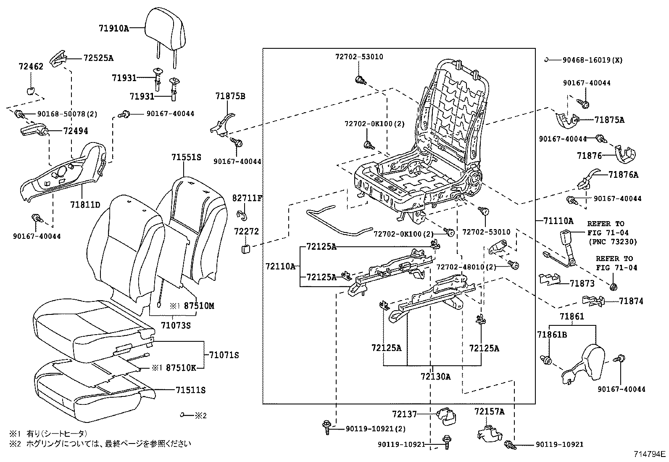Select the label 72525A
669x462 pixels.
point(98,58)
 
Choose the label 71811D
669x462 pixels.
point(85,205)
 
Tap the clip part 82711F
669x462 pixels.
point(242,215)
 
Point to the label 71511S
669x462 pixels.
point(191,390)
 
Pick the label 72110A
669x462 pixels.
point(280,266)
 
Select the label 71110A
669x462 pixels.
point(558,221)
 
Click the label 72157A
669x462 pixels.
point(489,411)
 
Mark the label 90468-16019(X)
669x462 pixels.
point(593,60)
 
